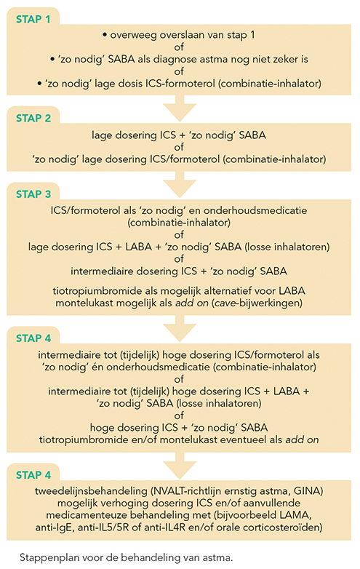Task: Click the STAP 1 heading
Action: tap(33, 19)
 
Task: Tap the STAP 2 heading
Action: tap(33, 119)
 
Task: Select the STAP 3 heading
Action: tap(33, 194)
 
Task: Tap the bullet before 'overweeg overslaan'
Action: tap(105, 35)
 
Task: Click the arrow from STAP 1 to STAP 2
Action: tap(180, 108)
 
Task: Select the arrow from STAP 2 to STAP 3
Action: tap(180, 184)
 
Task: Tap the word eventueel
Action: tap(249, 439)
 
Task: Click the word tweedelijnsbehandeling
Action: tap(91, 491)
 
